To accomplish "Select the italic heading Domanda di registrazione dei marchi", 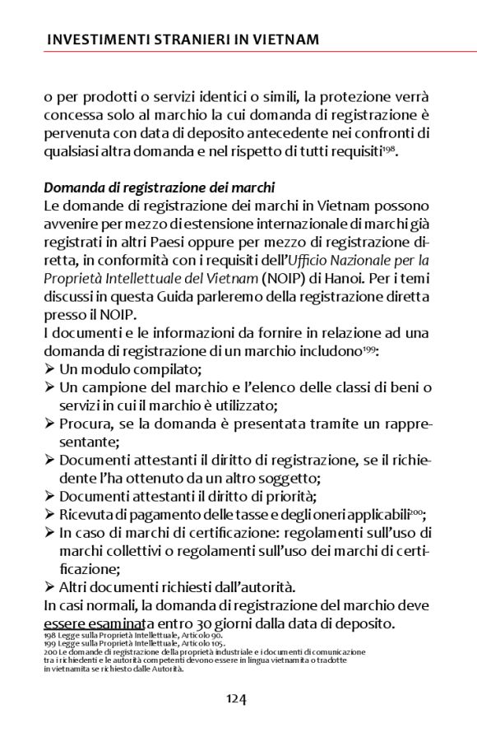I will click(159, 188).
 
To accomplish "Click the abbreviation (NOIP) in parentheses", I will click(309, 278).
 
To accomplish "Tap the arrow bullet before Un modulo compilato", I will click(49, 369).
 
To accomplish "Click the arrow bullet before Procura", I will click(49, 424).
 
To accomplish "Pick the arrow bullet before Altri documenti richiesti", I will click(49, 587).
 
